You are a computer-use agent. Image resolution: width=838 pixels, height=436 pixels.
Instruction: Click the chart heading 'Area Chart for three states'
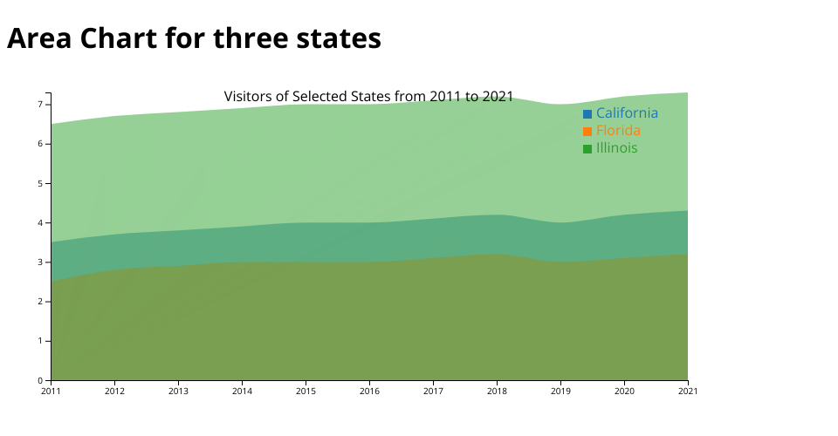[x=194, y=38]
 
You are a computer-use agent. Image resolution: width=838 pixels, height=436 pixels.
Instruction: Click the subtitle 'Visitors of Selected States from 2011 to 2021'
[x=368, y=96]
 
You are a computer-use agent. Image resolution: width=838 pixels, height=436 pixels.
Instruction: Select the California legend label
[x=627, y=113]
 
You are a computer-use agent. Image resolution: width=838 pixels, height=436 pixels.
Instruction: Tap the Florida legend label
[x=618, y=131]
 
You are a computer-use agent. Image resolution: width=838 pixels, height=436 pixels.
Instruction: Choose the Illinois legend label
[x=616, y=148]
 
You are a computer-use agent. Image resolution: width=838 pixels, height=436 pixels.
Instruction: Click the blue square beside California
[x=587, y=114]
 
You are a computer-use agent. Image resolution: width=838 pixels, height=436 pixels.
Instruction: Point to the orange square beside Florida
[x=587, y=132]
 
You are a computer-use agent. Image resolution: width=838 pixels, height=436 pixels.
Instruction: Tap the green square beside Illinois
[x=587, y=149]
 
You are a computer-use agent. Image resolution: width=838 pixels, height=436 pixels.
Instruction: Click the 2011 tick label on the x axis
[x=51, y=392]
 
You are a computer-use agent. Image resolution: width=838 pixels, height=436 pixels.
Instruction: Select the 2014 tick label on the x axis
[x=242, y=392]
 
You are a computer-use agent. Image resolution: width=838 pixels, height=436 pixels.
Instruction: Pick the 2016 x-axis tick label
[x=369, y=392]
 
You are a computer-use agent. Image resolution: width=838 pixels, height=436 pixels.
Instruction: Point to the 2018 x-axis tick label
[x=497, y=392]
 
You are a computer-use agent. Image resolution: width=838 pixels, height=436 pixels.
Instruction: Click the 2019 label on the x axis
[x=560, y=392]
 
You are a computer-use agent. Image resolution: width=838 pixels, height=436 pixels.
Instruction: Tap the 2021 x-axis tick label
[x=688, y=392]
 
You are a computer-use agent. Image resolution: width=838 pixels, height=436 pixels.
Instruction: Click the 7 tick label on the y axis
[x=40, y=105]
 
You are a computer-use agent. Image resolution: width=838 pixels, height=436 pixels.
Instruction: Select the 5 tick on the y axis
[x=40, y=183]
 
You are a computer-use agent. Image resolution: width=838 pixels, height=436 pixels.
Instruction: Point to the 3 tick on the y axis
[x=40, y=262]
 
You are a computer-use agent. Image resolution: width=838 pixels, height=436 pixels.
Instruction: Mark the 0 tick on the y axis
[x=40, y=381]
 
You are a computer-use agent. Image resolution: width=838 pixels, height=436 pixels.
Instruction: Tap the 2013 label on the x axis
[x=178, y=392]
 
